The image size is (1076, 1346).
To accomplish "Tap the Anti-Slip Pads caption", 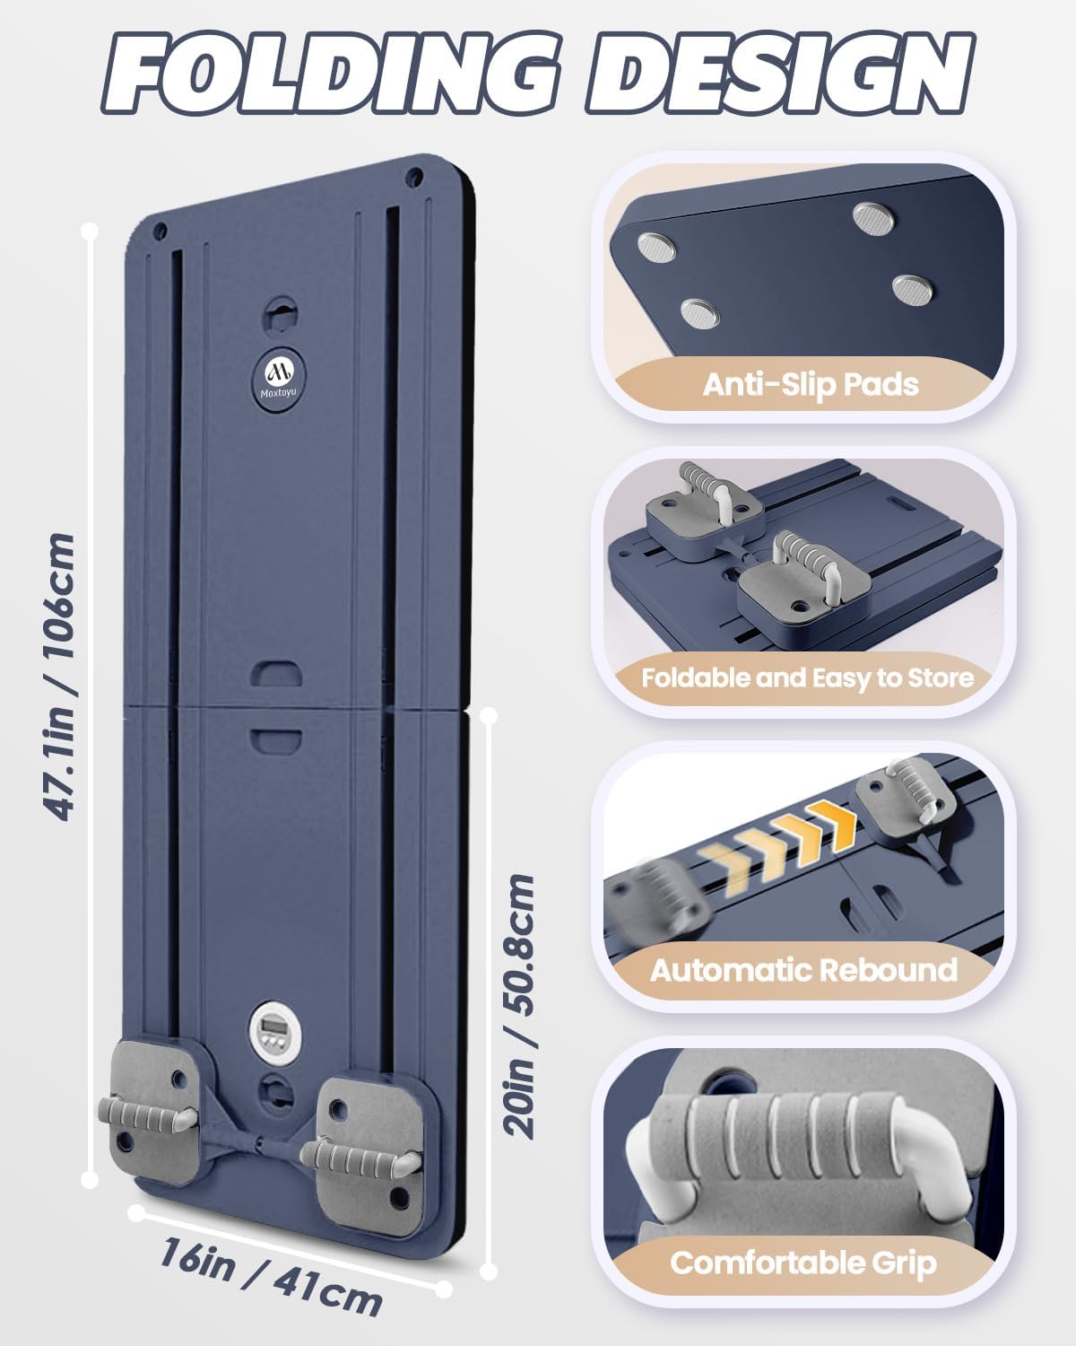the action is click(x=811, y=384).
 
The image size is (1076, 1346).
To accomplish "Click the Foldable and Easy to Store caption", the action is click(x=807, y=678).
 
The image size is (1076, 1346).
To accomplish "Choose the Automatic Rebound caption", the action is click(x=803, y=970).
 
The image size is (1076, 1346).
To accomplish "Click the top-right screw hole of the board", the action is click(x=413, y=177).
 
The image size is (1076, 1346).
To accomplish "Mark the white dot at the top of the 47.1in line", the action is click(x=91, y=232).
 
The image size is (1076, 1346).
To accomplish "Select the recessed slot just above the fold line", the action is click(x=275, y=673).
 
